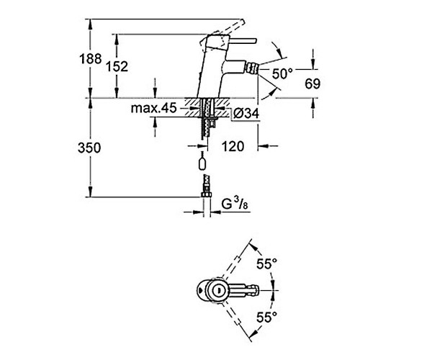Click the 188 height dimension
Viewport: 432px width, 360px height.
[x=91, y=59]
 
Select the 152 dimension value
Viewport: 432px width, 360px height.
[x=117, y=67]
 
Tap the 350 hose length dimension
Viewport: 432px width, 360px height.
[x=89, y=148]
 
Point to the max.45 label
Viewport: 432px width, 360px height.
[x=153, y=108]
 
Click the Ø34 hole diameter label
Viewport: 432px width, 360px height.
[x=246, y=113]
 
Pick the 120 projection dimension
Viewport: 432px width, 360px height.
[x=233, y=146]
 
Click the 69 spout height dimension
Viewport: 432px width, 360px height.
[x=312, y=84]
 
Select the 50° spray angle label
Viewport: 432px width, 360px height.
[x=282, y=74]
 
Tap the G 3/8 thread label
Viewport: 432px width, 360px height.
[x=235, y=204]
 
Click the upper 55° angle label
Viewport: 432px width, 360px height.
[x=266, y=264]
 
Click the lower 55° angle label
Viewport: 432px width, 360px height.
[x=266, y=318]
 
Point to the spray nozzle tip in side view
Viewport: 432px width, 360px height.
[x=253, y=68]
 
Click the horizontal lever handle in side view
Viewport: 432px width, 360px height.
[x=243, y=41]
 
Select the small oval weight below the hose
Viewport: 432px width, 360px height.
[x=202, y=163]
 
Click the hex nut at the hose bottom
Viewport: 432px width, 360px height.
[x=206, y=195]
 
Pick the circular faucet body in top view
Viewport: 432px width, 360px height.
[x=217, y=290]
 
